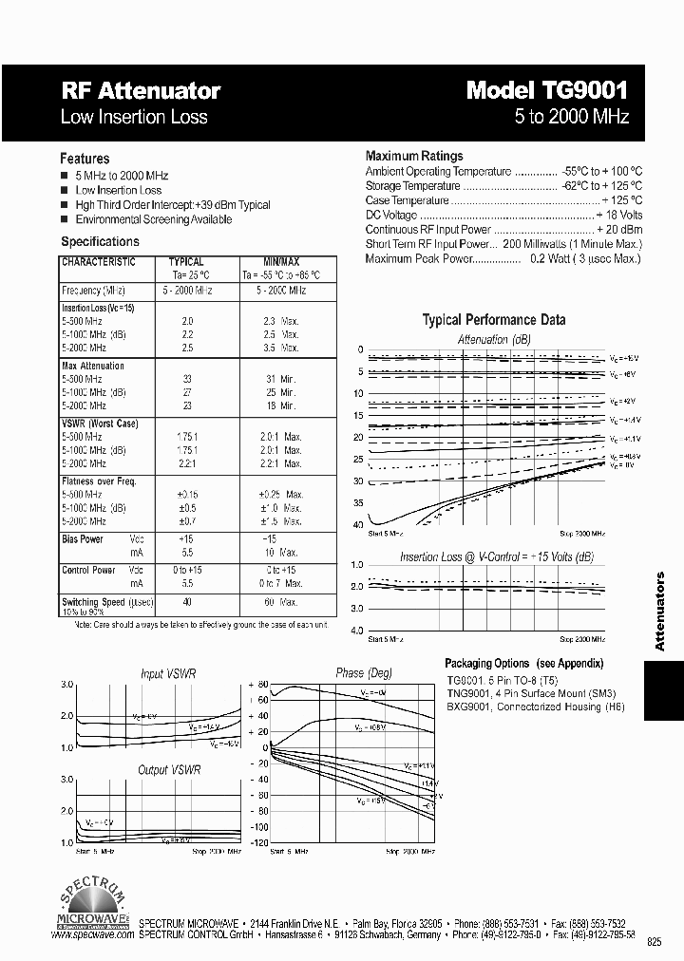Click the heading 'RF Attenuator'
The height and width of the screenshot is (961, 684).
(141, 91)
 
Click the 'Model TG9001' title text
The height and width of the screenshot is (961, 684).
(547, 91)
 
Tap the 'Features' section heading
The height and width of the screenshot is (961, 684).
(85, 159)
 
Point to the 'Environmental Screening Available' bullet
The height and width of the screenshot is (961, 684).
(153, 219)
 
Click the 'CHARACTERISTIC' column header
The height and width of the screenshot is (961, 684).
(99, 262)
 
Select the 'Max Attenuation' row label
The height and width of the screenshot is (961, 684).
(93, 366)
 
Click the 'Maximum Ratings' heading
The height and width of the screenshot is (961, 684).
(414, 156)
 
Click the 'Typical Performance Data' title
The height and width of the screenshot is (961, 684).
(493, 320)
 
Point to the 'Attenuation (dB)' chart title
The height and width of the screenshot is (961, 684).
(494, 339)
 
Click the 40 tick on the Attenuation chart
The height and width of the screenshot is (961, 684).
(357, 525)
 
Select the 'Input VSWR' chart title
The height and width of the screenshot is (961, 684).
(167, 673)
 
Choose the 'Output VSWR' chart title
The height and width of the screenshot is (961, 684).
(169, 770)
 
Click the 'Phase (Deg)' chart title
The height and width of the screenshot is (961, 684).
(364, 673)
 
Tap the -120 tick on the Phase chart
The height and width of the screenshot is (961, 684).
(257, 842)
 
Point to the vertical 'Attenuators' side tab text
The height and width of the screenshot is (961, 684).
(661, 612)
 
